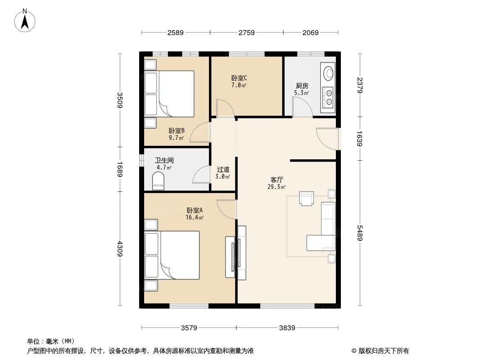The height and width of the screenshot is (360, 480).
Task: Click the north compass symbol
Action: point(26,20)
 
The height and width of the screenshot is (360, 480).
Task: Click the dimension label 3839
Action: point(286,328)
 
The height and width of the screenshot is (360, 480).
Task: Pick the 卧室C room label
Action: point(239,78)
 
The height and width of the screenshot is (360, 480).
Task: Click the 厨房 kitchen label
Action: point(302,86)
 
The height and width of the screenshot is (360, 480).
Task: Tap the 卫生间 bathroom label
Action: point(164,160)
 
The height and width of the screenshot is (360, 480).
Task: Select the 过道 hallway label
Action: point(223,170)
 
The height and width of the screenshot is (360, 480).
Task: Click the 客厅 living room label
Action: point(276,179)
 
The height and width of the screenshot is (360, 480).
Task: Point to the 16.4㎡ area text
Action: point(195,217)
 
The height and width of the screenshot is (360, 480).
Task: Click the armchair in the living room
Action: point(306,198)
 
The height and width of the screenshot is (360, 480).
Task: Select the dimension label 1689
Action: point(120,169)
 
